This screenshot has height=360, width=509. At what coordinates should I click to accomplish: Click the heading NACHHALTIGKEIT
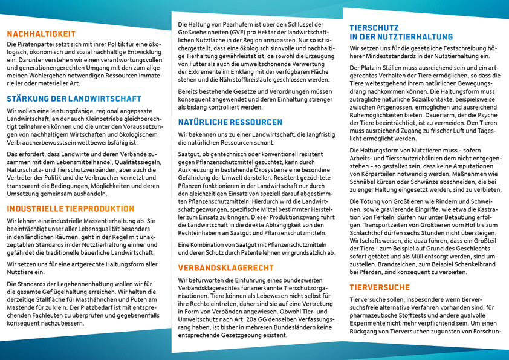tap(41, 34)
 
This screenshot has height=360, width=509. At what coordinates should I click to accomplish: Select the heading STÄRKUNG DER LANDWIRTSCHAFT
tap(74, 99)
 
